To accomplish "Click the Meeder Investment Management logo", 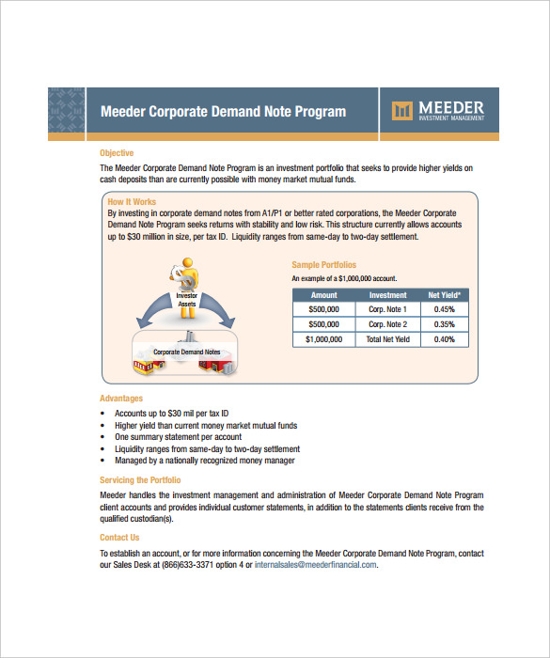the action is [x=437, y=111].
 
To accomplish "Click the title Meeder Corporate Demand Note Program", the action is [x=223, y=112].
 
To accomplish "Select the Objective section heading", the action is [x=117, y=153].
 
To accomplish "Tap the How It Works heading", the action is [x=132, y=202].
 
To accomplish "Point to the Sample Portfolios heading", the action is [x=323, y=265].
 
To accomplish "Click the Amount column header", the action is [x=323, y=294].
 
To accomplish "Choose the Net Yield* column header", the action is [x=445, y=294].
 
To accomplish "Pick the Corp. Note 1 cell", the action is [x=387, y=309].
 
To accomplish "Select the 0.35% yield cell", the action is [x=445, y=324].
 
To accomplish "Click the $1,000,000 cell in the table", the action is [x=323, y=339].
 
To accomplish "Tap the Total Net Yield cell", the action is [x=387, y=339].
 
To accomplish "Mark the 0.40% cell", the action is [x=445, y=339].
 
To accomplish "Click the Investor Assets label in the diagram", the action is [x=186, y=299].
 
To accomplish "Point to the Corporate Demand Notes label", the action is [x=186, y=352].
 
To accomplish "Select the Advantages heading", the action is [x=120, y=399].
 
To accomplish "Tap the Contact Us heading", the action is [x=119, y=538].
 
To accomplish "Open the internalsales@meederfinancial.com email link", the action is [x=315, y=565].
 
